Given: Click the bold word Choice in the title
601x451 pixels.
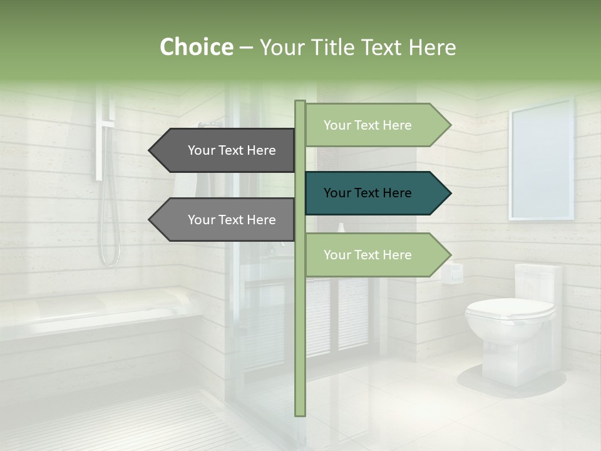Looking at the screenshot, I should tap(196, 47).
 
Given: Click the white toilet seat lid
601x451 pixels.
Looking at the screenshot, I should tap(509, 308).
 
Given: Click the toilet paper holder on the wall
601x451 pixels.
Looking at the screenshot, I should tap(451, 273).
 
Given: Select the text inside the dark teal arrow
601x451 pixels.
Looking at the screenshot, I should tap(367, 193).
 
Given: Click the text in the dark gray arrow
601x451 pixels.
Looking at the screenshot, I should tap(232, 150).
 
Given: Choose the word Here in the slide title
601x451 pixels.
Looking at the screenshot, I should tap(432, 47).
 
